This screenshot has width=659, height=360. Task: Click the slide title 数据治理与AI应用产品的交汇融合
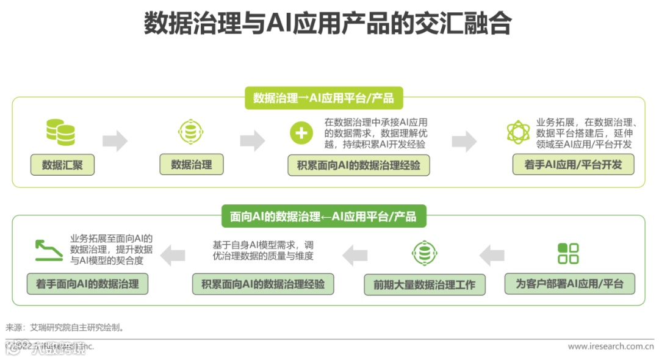328,24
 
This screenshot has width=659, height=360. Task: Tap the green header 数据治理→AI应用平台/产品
323,98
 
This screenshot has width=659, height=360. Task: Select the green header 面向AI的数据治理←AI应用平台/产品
323,217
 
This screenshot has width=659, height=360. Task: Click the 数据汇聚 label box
62,165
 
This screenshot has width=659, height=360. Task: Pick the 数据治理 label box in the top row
192,165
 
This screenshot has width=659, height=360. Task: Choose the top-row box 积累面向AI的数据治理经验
359,165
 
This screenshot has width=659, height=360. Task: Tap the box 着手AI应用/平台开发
573,165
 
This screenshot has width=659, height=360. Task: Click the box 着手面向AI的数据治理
87,284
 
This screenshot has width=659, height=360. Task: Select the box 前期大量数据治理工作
425,285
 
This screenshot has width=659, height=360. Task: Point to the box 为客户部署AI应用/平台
570,284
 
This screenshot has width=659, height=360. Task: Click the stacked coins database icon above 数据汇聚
61,132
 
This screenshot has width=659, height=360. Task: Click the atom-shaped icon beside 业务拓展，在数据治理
518,132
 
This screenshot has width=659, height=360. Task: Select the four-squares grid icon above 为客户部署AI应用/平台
568,253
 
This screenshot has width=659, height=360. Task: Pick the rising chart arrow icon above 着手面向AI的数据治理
49,250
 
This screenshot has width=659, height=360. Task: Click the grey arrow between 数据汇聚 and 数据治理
115,141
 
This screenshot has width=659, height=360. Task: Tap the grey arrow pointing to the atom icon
464,141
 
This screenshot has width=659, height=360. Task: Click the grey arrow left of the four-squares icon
492,255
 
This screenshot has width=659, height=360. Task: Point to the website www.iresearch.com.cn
605,347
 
